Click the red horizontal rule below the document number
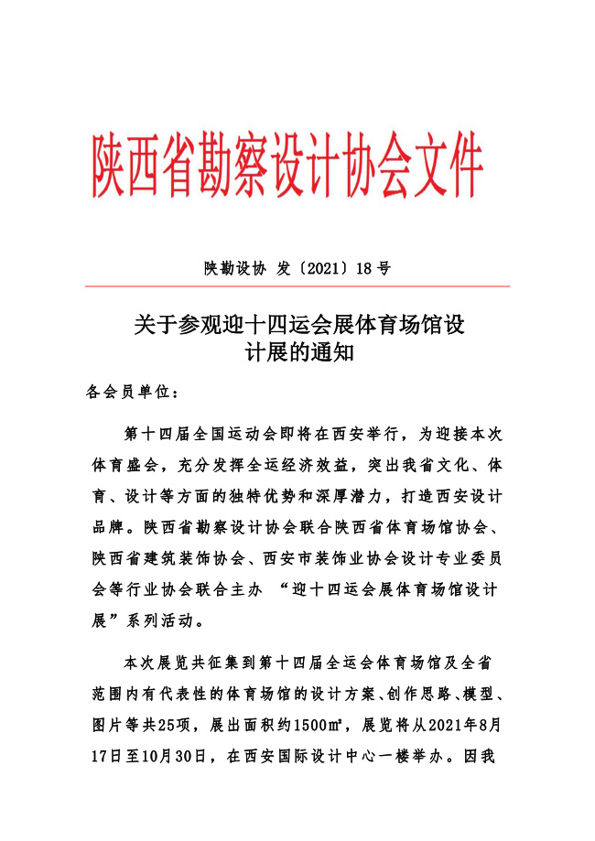click(297, 286)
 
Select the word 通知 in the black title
click(333, 352)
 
